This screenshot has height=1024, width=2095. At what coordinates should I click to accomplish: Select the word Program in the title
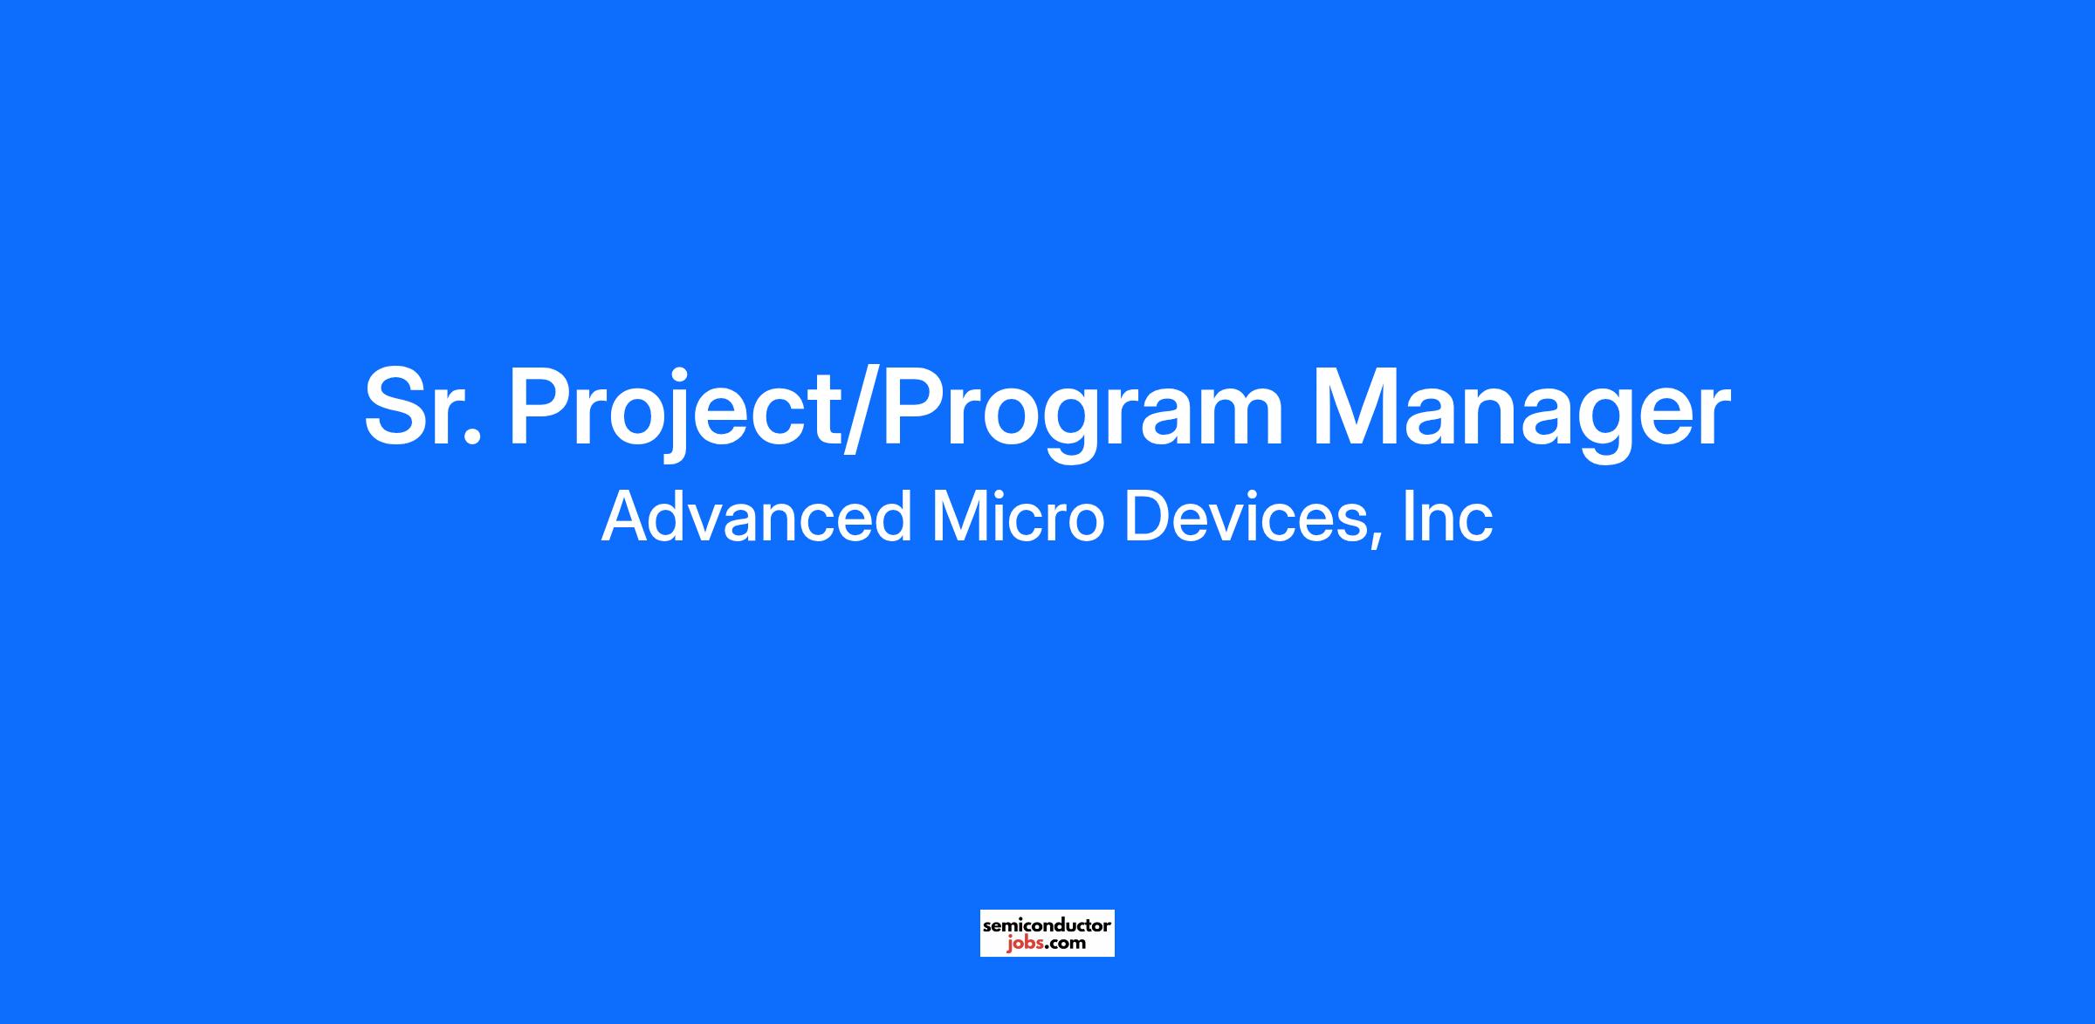click(x=1082, y=413)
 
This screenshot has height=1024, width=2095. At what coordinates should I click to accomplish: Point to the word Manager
click(x=1521, y=413)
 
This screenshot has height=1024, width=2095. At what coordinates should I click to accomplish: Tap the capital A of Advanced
click(x=628, y=516)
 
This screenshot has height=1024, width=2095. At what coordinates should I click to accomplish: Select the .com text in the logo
click(x=1066, y=944)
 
